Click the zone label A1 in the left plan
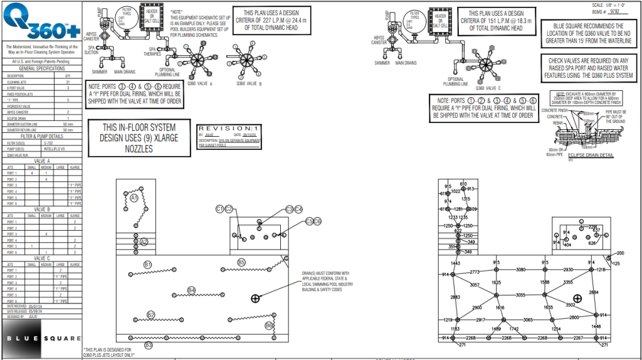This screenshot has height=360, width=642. [134, 198]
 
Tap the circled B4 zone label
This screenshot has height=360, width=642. [191, 290]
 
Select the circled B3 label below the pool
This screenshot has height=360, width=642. [149, 344]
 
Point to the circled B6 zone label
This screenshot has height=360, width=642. [269, 326]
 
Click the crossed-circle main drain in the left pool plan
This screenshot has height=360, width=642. [255, 299]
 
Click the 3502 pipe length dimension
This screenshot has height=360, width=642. [571, 305]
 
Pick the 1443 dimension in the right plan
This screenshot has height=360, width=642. [456, 263]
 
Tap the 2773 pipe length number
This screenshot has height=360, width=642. [475, 272]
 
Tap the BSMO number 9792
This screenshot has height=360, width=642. [601, 11]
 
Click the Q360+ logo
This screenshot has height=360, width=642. [41, 23]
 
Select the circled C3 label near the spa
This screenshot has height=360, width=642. [289, 209]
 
